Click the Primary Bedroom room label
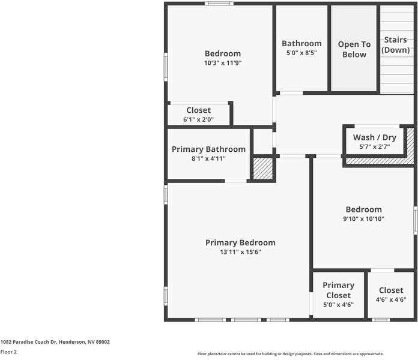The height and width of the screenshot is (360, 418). tap(240, 242)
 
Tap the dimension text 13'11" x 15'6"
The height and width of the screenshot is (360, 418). tap(240, 252)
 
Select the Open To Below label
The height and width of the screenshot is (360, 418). tap(354, 49)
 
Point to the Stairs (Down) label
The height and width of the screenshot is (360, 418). tap(395, 45)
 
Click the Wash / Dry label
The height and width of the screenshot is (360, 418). tap(375, 137)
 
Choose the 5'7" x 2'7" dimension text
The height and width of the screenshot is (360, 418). tap(375, 147)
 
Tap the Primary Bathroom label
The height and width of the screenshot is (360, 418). tap(208, 149)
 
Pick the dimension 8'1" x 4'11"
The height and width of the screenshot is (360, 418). tap(208, 158)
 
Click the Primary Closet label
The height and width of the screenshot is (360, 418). tap(339, 290)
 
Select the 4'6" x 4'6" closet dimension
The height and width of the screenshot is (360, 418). tap(391, 299)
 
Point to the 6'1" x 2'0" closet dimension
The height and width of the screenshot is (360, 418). tap(198, 119)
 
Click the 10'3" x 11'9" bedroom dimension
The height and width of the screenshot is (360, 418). tap(223, 63)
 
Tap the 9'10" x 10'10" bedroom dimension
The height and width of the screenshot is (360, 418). tap(363, 219)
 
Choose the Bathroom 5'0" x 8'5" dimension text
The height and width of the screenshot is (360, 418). tap(301, 53)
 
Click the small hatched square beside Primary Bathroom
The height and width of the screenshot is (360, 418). tap(263, 169)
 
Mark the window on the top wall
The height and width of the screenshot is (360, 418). tap(219, 4)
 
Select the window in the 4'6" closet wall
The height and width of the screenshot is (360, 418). tap(381, 320)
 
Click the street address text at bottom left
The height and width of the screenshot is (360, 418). tap(55, 342)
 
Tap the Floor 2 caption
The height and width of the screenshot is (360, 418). tap(8, 352)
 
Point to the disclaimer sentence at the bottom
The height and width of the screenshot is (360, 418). tap(291, 354)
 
